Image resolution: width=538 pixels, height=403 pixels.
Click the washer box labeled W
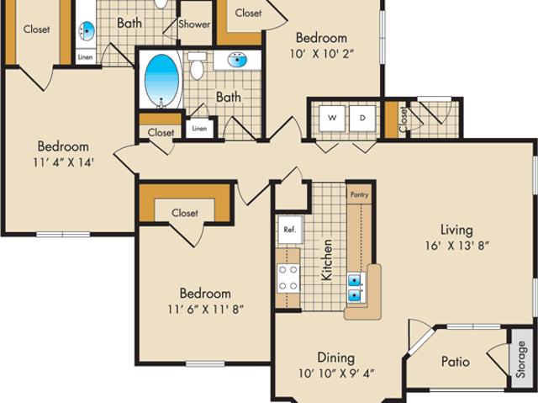(x=332, y=117)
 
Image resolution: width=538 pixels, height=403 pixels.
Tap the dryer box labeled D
(x=362, y=117)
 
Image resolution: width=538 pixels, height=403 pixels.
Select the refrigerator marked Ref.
(x=289, y=229)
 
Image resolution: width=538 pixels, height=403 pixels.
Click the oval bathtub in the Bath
(x=163, y=80)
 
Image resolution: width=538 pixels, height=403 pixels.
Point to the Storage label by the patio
(x=521, y=359)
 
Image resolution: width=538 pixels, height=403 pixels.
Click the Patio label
(x=455, y=362)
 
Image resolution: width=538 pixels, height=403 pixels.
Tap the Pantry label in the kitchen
(x=358, y=193)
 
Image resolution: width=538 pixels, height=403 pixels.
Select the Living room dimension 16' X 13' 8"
(x=457, y=247)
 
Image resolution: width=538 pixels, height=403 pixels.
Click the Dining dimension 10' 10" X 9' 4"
(x=335, y=374)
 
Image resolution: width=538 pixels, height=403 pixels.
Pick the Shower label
(x=194, y=24)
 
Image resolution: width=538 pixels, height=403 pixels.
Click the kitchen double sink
(x=356, y=286)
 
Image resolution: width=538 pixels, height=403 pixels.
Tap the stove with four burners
(x=288, y=278)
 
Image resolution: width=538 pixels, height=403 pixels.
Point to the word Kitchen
(x=326, y=259)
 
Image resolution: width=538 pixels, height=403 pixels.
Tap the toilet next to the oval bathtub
(x=198, y=65)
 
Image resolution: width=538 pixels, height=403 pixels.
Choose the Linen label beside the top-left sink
(x=86, y=57)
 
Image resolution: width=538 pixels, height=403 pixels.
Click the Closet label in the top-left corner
(x=36, y=29)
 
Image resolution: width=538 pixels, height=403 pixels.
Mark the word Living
(x=457, y=230)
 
